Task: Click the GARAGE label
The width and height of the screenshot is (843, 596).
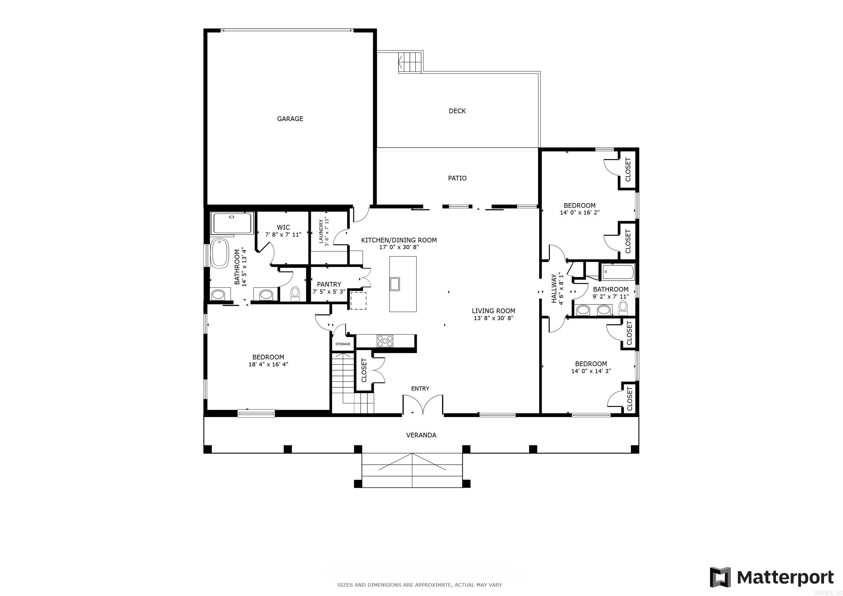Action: [290, 118]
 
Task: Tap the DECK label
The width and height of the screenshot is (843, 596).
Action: [457, 111]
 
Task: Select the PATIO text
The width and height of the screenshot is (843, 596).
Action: [457, 178]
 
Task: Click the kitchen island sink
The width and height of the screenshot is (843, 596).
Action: [395, 284]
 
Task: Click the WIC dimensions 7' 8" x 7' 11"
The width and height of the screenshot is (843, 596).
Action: [283, 235]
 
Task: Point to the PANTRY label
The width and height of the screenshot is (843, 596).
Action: [329, 284]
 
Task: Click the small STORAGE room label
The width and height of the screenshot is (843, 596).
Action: [343, 344]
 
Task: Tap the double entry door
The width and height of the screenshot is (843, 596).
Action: [423, 405]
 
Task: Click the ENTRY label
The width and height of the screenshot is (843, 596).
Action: [420, 388]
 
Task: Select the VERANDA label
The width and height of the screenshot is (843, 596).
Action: [421, 435]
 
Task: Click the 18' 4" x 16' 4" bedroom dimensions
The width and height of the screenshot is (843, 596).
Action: [268, 364]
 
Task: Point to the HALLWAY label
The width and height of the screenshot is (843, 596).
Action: [554, 288]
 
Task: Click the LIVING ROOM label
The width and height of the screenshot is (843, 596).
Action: [493, 311]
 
